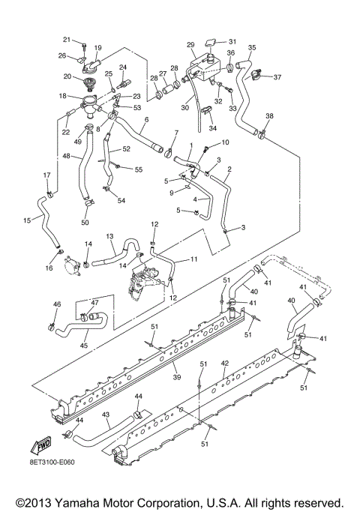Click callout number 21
(67, 40)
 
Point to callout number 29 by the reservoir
(190, 44)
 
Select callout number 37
(277, 77)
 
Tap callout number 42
(224, 363)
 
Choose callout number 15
(28, 220)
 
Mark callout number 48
(67, 156)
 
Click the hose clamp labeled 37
(257, 75)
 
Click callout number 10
(225, 142)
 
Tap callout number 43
(106, 414)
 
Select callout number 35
(252, 47)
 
